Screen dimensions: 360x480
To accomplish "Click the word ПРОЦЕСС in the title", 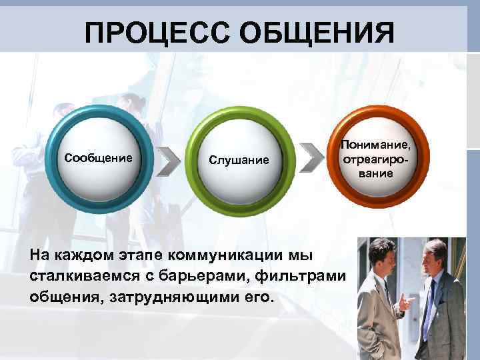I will pos(153,33).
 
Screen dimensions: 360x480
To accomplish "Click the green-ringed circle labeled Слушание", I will pos(239,159).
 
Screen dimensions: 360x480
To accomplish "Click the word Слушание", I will pos(239,160).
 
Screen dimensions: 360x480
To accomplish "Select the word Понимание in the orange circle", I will pos(376,146).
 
